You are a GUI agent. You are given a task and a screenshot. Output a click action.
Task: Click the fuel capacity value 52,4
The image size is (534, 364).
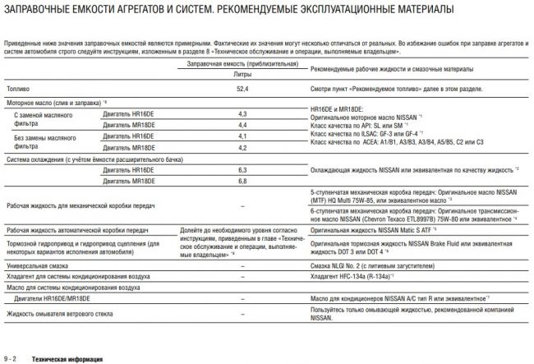click(x=242, y=86)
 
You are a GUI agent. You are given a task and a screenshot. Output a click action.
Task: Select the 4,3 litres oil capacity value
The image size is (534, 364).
click(x=242, y=113)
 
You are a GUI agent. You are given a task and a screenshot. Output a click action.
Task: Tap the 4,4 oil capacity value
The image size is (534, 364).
click(x=242, y=124)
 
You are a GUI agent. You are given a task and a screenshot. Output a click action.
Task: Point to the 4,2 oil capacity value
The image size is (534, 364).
click(x=242, y=146)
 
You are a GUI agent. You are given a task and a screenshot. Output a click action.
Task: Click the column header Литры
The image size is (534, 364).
click(x=242, y=74)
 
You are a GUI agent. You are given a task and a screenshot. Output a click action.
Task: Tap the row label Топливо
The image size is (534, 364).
click(x=18, y=86)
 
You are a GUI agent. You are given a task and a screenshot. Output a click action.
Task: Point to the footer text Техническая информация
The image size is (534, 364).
click(x=67, y=358)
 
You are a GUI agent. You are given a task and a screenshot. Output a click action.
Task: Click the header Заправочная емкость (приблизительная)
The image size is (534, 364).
click(x=242, y=63)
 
